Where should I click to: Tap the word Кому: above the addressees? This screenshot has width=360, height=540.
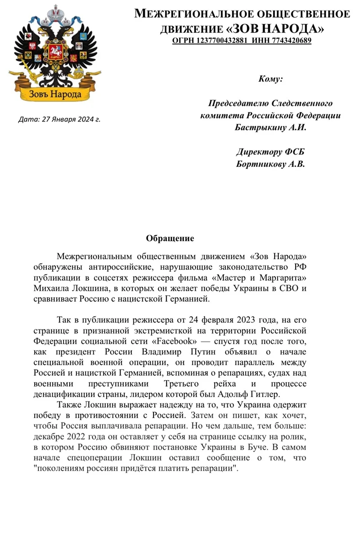(270, 79)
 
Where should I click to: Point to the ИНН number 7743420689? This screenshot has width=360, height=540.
(284, 41)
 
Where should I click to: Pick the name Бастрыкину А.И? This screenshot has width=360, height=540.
(270, 127)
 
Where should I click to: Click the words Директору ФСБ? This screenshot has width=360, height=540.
(270, 152)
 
